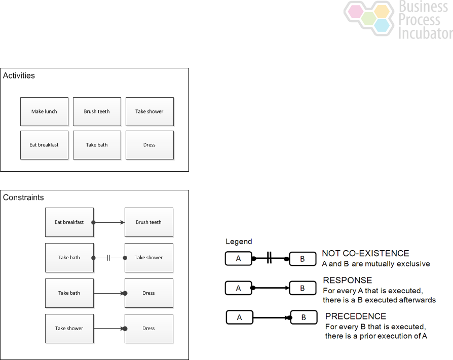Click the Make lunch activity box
(x=44, y=111)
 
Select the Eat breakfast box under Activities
(x=44, y=145)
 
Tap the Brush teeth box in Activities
(x=97, y=111)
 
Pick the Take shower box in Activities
(x=149, y=111)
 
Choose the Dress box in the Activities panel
(x=149, y=145)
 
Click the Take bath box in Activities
(x=97, y=145)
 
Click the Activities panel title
(x=19, y=76)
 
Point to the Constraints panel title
(x=23, y=197)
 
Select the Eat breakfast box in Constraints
(x=69, y=222)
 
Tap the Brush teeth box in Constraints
(x=148, y=222)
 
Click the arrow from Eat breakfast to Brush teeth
(x=109, y=222)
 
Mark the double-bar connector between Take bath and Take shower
(x=109, y=258)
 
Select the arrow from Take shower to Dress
(x=109, y=329)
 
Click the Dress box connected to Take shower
(x=148, y=329)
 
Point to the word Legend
(x=239, y=242)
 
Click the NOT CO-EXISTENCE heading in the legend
(x=365, y=253)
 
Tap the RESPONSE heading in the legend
(x=348, y=280)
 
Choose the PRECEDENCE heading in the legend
(x=356, y=316)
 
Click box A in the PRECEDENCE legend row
(x=239, y=317)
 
